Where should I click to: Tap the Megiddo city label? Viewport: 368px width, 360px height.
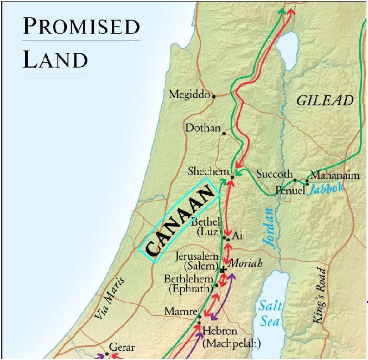click(189, 94)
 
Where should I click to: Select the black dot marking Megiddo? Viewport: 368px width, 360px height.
click(214, 97)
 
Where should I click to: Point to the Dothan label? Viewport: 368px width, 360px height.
click(203, 128)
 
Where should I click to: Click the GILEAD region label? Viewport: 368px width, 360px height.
click(325, 100)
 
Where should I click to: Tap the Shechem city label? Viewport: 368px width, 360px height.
click(208, 171)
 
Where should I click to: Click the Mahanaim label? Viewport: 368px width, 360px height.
click(333, 176)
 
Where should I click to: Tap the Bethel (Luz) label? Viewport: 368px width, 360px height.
click(206, 228)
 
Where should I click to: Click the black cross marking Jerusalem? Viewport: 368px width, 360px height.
click(222, 270)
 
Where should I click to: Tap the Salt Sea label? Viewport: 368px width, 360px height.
click(270, 312)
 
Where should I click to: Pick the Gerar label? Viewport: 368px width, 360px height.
click(122, 347)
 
